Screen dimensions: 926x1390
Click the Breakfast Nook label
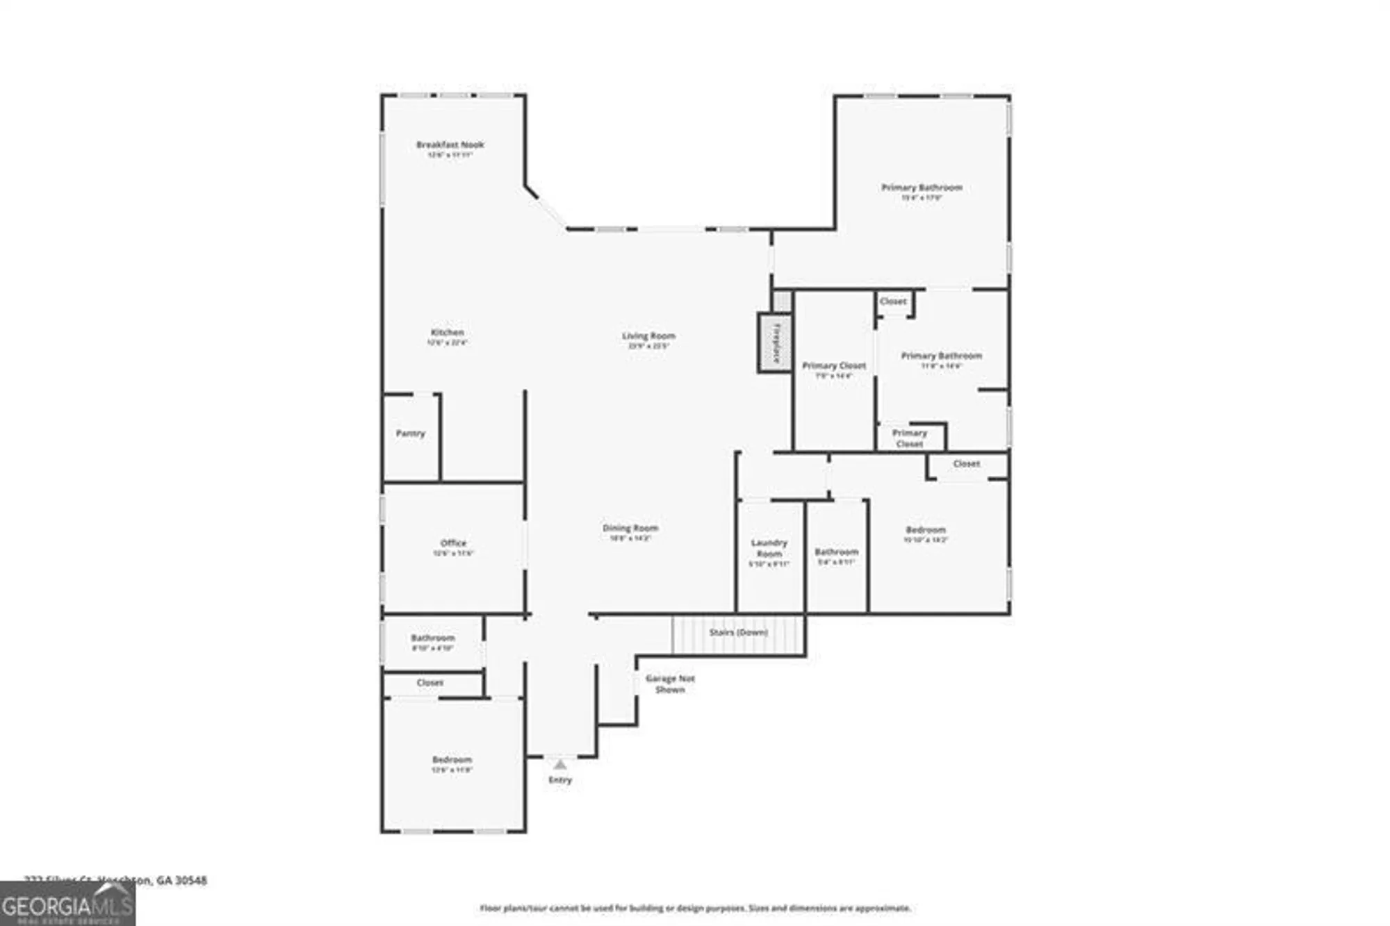click(x=450, y=145)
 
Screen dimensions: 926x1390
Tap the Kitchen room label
click(x=447, y=333)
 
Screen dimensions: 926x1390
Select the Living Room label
click(x=648, y=336)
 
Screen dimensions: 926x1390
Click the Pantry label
click(x=410, y=433)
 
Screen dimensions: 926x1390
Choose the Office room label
click(x=453, y=543)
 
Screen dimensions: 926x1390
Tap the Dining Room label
click(x=630, y=529)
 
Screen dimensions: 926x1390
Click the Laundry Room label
click(x=769, y=548)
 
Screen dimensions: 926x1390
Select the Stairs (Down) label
click(x=738, y=633)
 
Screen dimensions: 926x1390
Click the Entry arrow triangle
click(x=560, y=765)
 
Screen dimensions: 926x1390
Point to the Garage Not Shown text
click(x=669, y=684)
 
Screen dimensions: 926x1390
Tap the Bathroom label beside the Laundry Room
click(x=836, y=552)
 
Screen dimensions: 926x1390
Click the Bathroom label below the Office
click(x=432, y=638)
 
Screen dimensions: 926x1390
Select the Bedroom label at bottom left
click(x=452, y=760)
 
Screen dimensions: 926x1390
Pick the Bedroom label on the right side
click(x=925, y=530)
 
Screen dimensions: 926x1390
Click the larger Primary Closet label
click(x=833, y=366)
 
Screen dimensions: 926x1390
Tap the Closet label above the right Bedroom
click(x=966, y=464)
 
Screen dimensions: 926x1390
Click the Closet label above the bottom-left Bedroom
click(x=430, y=683)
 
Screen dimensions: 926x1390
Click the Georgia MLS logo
click(x=67, y=905)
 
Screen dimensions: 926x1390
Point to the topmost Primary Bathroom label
click(x=922, y=188)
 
